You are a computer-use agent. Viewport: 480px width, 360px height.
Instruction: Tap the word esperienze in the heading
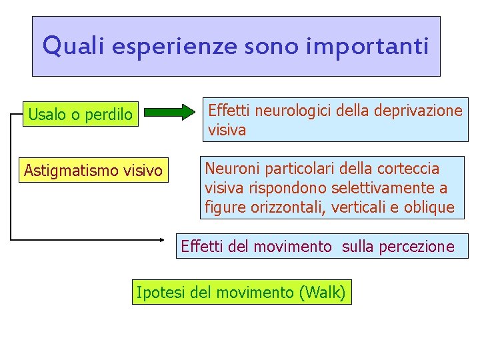click(x=173, y=47)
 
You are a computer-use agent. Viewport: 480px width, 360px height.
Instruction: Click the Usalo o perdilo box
click(x=80, y=115)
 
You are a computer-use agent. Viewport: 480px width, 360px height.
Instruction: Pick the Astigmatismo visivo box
click(x=93, y=171)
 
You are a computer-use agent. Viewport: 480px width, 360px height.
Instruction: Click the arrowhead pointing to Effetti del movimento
click(x=166, y=239)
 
